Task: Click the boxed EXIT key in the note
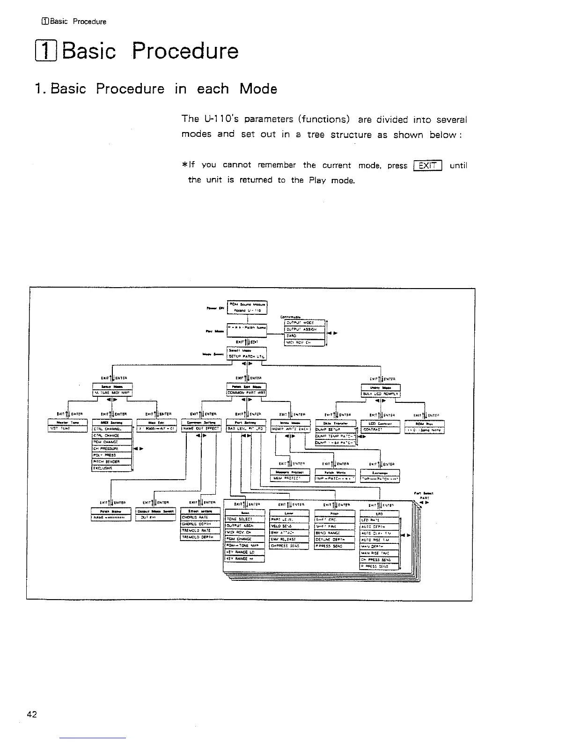point(428,165)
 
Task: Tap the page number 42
point(32,714)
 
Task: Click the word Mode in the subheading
point(258,89)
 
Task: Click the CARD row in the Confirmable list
point(305,335)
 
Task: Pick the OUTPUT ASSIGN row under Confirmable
point(305,329)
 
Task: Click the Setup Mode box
point(112,390)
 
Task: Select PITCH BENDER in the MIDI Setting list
point(112,461)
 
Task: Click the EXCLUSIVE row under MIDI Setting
point(112,467)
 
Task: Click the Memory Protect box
point(290,475)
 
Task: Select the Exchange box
point(380,475)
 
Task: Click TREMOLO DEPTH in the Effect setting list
point(200,537)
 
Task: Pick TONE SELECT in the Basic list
point(245,519)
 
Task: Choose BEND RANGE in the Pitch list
point(335,533)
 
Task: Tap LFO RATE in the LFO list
point(379,519)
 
